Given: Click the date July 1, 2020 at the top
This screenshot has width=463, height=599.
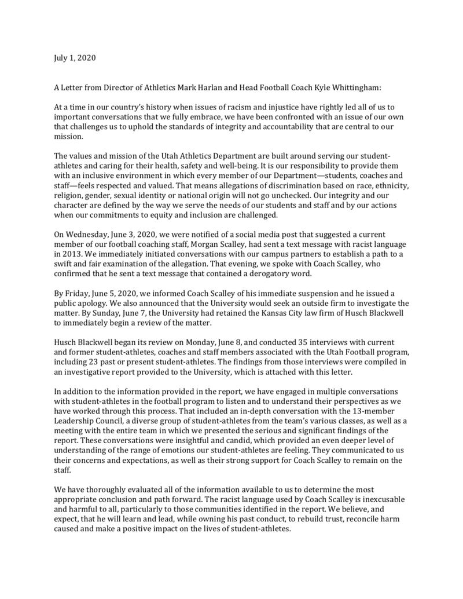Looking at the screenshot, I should pyautogui.click(x=75, y=58).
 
